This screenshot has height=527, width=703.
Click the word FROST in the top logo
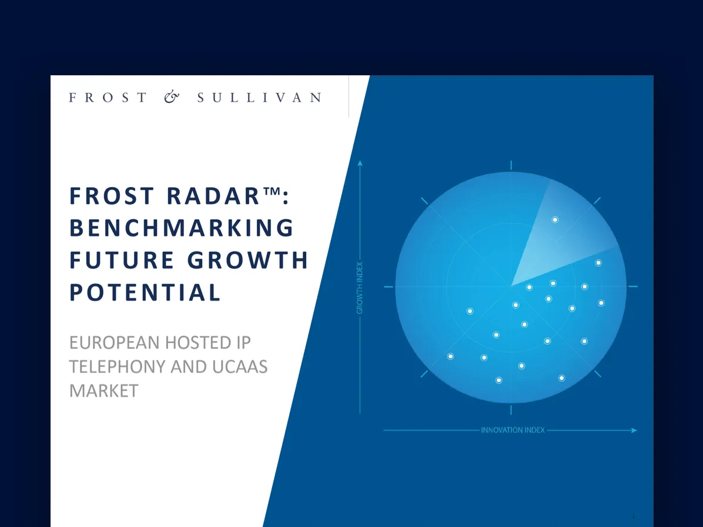108,97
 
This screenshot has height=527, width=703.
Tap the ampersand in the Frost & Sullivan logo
172,97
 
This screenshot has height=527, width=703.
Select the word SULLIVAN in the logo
260,97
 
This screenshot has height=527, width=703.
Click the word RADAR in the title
213,196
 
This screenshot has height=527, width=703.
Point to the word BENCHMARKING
182,228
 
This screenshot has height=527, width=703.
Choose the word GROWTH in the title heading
248,260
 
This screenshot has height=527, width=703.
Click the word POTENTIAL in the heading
145,292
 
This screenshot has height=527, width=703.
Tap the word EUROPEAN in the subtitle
115,343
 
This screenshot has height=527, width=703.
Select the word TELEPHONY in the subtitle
117,367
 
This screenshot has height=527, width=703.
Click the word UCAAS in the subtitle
240,367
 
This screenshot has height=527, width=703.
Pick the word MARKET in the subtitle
104,391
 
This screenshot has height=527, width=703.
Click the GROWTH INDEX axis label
360,288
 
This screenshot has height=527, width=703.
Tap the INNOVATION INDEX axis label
513,430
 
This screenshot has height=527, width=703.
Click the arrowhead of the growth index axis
360,163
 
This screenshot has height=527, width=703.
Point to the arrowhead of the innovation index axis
634,431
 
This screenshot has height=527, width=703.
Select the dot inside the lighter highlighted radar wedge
555,220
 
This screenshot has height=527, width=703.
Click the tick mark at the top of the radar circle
511,165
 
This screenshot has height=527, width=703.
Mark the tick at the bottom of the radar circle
511,410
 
